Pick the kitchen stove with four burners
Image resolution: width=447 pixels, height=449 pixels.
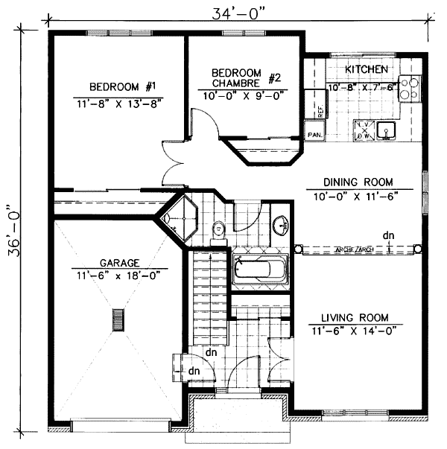tap(409, 90)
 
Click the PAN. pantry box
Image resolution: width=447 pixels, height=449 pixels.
tap(314, 135)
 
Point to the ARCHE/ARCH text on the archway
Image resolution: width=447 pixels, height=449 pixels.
tap(354, 249)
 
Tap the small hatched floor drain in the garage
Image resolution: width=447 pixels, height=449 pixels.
tap(116, 319)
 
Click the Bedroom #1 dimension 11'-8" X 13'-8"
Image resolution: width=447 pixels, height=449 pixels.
tap(119, 103)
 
